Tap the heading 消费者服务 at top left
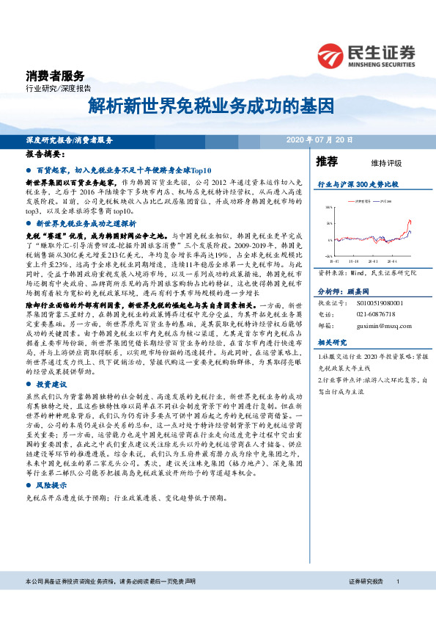[54, 76]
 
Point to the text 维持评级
[387, 162]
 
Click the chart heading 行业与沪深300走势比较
[357, 185]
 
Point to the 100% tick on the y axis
[328, 208]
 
